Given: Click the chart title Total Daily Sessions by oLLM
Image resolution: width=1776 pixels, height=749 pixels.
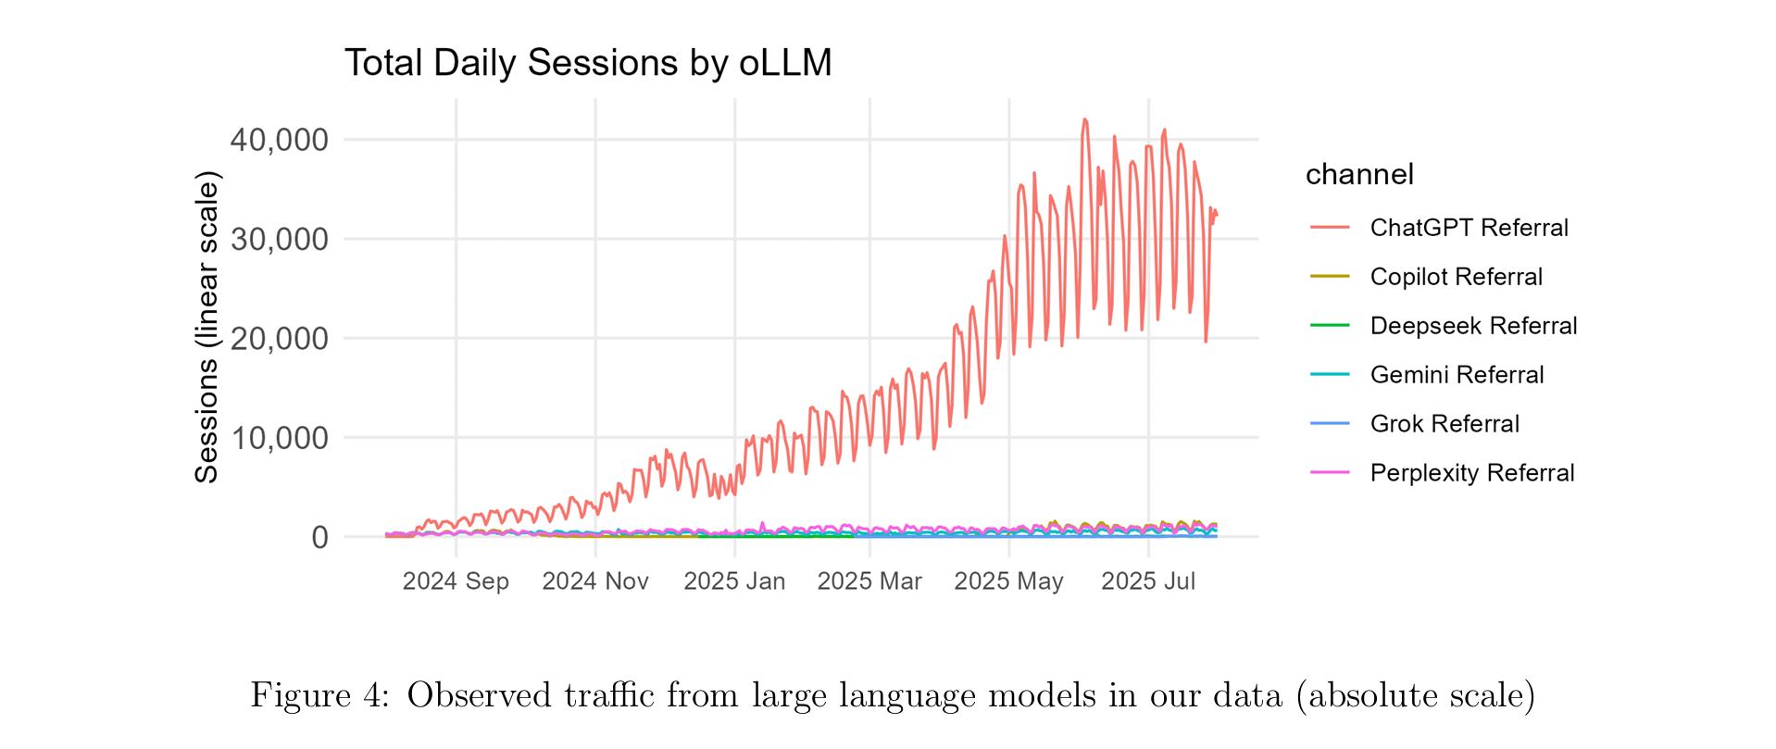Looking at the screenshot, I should pyautogui.click(x=588, y=63).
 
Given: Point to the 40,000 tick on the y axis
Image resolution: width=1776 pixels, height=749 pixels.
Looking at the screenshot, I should pyautogui.click(x=279, y=140).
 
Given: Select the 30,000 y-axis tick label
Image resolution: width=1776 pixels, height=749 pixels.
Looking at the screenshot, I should pyautogui.click(x=279, y=239).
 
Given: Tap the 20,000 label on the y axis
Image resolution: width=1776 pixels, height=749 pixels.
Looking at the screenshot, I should pyautogui.click(x=279, y=338).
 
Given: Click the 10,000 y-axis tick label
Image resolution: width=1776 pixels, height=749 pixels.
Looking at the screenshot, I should pyautogui.click(x=279, y=437).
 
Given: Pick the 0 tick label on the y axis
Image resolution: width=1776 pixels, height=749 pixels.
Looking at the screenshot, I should pyautogui.click(x=319, y=537).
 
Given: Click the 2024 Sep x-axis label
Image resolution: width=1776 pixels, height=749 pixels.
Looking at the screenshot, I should pyautogui.click(x=456, y=581).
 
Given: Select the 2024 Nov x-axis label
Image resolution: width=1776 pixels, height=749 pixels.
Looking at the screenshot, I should pyautogui.click(x=595, y=581).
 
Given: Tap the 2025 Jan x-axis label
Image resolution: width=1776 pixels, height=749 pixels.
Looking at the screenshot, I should pyautogui.click(x=734, y=581).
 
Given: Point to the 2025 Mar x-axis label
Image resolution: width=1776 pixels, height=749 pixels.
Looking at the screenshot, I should pyautogui.click(x=869, y=581).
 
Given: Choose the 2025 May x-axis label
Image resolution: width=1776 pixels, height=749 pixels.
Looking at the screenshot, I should pyautogui.click(x=1008, y=581).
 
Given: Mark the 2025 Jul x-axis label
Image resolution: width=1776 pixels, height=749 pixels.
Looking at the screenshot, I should pyautogui.click(x=1148, y=581).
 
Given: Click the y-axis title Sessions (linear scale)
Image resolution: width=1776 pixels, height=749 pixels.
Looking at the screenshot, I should pyautogui.click(x=206, y=327).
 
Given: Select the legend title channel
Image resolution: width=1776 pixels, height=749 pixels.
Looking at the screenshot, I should pyautogui.click(x=1359, y=174).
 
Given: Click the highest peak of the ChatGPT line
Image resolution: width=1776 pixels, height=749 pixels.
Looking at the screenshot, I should pyautogui.click(x=1084, y=119).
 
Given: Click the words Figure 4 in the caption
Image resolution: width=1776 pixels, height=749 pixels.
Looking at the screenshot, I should pyautogui.click(x=319, y=695).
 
